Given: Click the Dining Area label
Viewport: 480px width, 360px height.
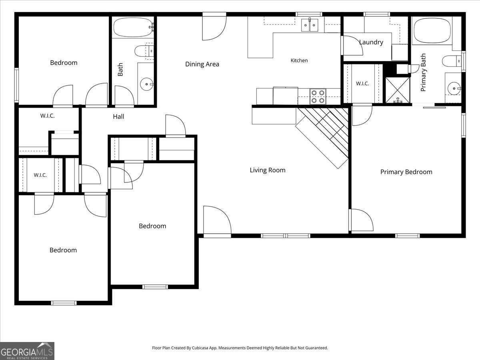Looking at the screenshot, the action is click(202, 64).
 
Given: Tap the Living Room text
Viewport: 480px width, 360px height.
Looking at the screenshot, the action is click(268, 170).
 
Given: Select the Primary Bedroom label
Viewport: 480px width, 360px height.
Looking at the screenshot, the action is click(406, 172).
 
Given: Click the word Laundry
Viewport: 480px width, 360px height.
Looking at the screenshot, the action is click(371, 42).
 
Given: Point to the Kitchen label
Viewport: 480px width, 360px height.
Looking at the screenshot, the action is click(299, 60).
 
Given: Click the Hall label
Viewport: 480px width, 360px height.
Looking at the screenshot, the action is click(118, 116).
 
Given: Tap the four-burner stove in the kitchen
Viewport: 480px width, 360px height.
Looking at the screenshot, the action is click(318, 97).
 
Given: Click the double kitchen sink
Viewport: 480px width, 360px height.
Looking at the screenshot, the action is click(310, 25).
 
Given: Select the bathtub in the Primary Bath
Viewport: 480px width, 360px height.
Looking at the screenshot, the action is click(432, 31).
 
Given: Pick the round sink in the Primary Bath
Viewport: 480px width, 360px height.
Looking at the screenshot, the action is click(454, 88).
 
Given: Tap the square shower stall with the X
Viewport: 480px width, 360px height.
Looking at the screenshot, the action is click(397, 90).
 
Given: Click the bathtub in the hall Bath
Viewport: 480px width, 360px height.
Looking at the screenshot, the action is click(133, 27).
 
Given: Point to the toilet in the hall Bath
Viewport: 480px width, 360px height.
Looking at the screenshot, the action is click(144, 51).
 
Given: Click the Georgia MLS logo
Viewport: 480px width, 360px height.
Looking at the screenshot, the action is click(27, 351).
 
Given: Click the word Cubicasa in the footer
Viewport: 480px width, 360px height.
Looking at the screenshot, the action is click(200, 348).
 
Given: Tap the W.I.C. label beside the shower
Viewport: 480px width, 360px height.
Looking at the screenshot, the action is click(362, 83).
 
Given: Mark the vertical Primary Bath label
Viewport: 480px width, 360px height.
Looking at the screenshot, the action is click(423, 72).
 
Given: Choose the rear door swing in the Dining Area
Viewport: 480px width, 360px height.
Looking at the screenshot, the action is click(214, 26).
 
